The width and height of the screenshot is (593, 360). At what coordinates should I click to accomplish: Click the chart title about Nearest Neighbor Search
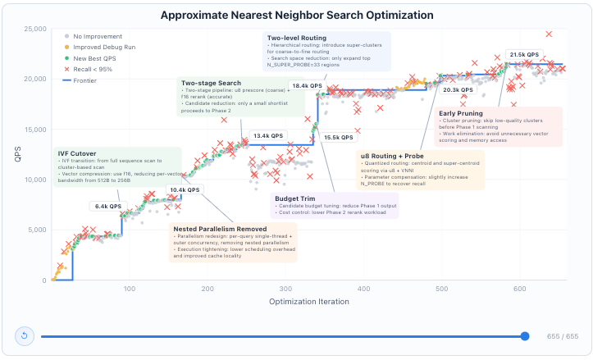[297, 15]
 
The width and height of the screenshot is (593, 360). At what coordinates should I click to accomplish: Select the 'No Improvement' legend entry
[97, 37]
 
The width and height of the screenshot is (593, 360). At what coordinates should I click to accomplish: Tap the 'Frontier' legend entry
[85, 80]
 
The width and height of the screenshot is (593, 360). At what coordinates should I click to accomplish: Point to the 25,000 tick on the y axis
[33, 29]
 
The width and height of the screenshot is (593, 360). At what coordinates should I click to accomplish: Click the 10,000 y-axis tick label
[33, 180]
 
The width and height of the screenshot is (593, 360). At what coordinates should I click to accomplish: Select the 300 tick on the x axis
[285, 289]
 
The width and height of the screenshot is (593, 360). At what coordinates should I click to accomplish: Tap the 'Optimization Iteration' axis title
[308, 302]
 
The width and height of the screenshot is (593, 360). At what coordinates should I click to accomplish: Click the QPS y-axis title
[18, 154]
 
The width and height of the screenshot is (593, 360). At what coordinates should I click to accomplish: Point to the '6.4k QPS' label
[108, 206]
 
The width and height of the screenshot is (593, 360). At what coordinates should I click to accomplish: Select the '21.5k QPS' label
[524, 55]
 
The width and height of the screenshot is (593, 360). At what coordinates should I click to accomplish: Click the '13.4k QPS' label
[268, 135]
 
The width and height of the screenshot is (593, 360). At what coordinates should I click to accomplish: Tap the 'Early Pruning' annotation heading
[460, 113]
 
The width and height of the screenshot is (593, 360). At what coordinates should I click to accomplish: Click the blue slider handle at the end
[525, 336]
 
